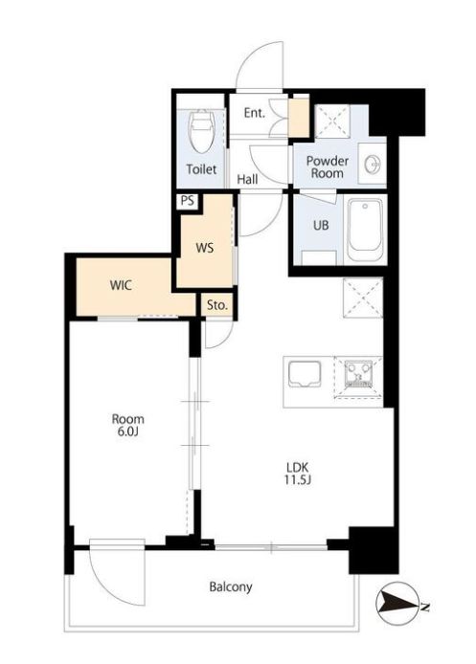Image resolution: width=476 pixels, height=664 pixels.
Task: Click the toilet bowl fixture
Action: [201, 132]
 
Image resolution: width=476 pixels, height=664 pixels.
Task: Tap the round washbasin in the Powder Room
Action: [373, 164]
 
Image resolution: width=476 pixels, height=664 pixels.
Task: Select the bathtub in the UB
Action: [365, 231]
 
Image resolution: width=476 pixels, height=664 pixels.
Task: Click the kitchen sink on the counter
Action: [305, 373]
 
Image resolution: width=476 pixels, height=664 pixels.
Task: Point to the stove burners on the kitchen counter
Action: [358, 374]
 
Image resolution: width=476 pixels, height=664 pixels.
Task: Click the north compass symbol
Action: [397, 604]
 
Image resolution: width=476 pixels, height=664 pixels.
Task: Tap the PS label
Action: [187, 200]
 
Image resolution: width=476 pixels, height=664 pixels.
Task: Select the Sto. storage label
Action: [217, 304]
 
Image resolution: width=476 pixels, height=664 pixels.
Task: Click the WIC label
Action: [121, 285]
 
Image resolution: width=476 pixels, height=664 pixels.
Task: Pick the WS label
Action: [205, 248]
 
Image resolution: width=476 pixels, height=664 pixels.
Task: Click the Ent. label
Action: [255, 113]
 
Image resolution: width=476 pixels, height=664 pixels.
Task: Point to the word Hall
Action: [247, 179]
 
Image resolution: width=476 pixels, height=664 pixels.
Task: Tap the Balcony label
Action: [231, 587]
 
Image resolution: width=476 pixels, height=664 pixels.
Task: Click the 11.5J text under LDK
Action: [299, 480]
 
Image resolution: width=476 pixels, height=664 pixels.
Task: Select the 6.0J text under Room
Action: [128, 432]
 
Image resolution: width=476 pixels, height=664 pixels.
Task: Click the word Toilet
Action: [201, 169]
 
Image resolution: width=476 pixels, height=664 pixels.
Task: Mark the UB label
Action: [321, 225]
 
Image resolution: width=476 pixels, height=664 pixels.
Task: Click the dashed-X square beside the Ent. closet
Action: [332, 121]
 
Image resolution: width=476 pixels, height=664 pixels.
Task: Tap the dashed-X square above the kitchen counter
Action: [363, 298]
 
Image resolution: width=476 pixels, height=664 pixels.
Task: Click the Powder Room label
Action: [328, 166]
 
